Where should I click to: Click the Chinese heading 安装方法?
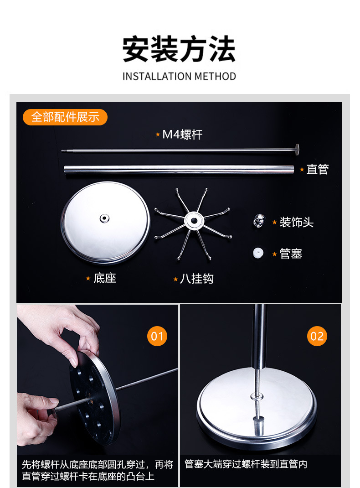point(179,49)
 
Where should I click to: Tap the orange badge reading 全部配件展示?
point(65,117)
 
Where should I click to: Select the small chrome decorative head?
point(259,221)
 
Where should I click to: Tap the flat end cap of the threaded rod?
point(297,149)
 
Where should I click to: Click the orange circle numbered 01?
point(157,337)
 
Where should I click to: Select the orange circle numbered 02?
point(317,337)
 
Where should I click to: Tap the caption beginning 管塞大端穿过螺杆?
point(246,464)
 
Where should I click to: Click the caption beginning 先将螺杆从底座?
point(98,470)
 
